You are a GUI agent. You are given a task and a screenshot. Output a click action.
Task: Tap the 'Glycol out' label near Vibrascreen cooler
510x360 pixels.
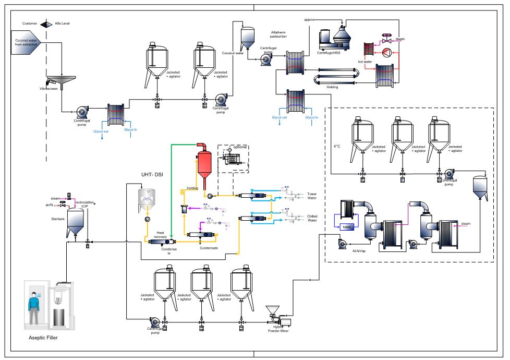pos(101,131)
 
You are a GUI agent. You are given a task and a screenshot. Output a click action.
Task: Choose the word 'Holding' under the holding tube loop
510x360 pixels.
pos(332,87)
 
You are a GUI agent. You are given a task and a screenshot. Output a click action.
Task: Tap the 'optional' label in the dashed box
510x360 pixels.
pos(240,147)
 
